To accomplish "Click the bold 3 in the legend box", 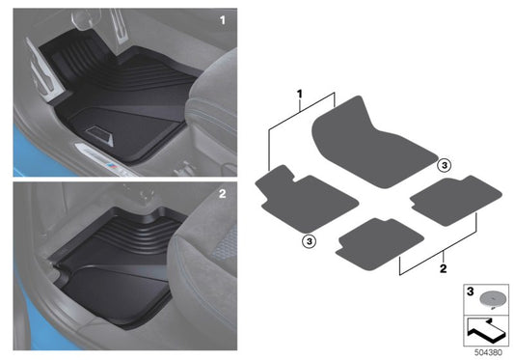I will (x=471, y=290).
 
